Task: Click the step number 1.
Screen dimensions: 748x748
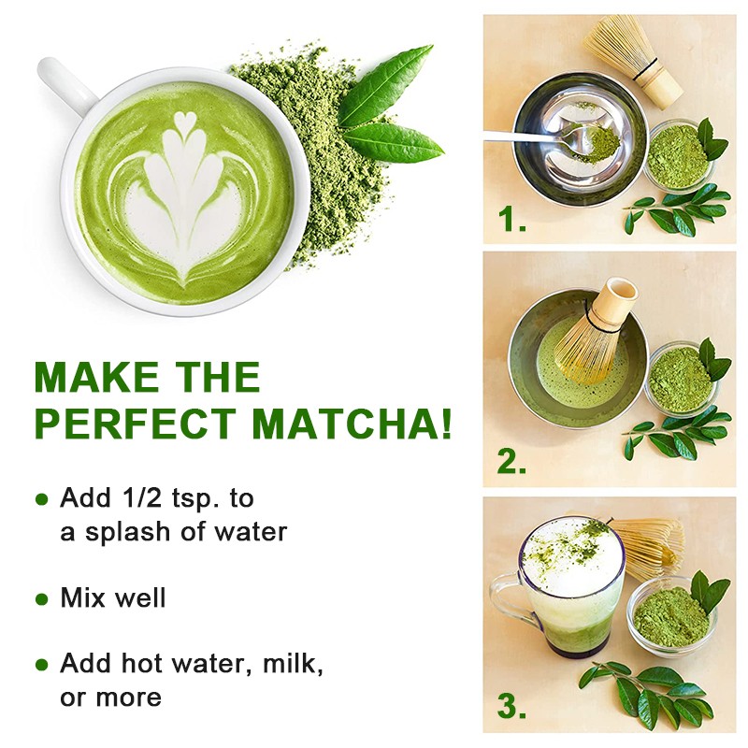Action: pyautogui.click(x=511, y=221)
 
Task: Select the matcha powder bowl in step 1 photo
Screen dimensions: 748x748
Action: pyautogui.click(x=678, y=154)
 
